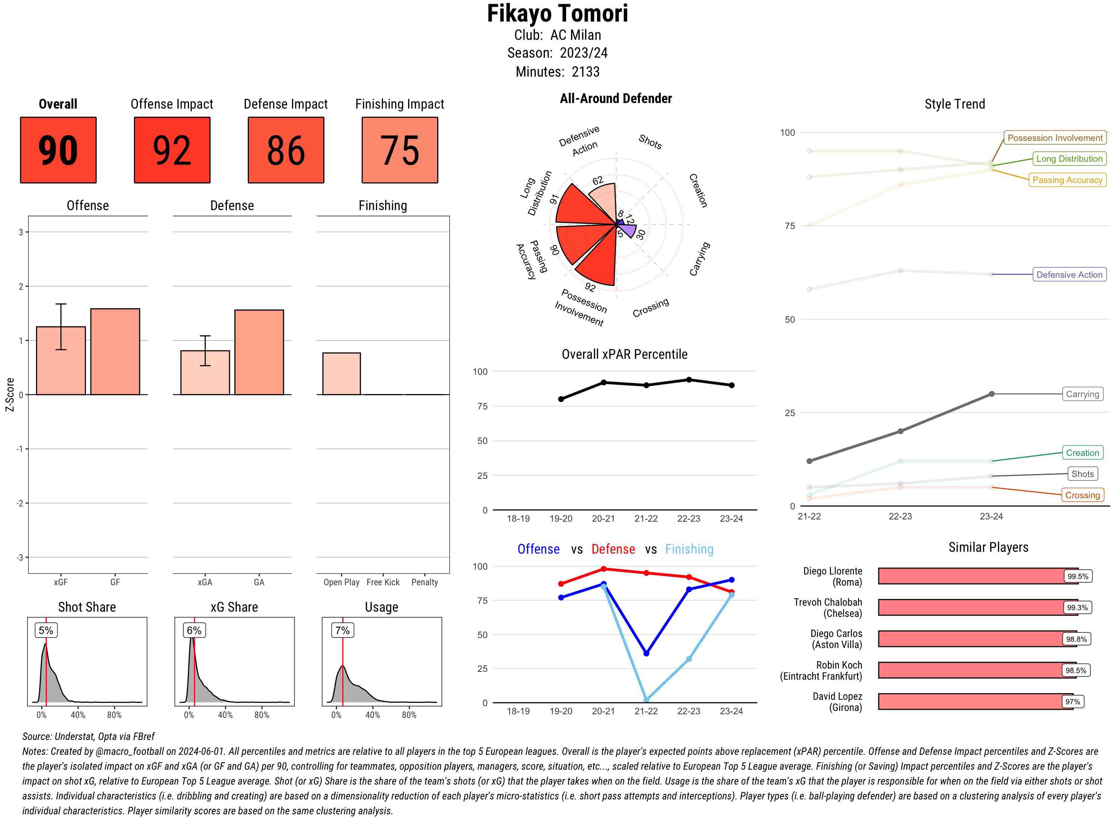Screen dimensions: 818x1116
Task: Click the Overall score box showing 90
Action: pyautogui.click(x=58, y=150)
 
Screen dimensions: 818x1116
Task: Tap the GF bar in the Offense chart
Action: pyautogui.click(x=115, y=352)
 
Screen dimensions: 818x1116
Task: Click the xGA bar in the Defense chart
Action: pyautogui.click(x=205, y=372)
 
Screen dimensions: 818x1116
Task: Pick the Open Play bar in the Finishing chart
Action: pyautogui.click(x=341, y=373)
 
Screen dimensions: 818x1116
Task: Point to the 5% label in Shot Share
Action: pyautogui.click(x=46, y=630)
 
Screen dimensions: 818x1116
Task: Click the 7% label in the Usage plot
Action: pyautogui.click(x=342, y=630)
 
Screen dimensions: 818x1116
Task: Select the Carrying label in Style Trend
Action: pyautogui.click(x=1082, y=394)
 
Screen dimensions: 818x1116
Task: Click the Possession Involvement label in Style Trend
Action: pyautogui.click(x=1055, y=138)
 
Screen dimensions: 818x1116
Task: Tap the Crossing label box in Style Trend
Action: pyautogui.click(x=1082, y=495)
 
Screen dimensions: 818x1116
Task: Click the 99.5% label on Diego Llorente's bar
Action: pyautogui.click(x=1077, y=576)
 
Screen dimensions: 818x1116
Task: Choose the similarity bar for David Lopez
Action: pyautogui.click(x=975, y=702)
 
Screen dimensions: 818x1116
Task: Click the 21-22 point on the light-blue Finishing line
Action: pyautogui.click(x=646, y=700)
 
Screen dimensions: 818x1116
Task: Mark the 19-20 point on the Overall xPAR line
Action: pyautogui.click(x=561, y=399)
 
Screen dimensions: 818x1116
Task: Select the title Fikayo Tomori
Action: pyautogui.click(x=557, y=13)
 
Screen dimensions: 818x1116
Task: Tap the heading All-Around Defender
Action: pyautogui.click(x=616, y=99)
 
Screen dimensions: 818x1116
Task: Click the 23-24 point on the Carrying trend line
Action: pyautogui.click(x=991, y=394)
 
